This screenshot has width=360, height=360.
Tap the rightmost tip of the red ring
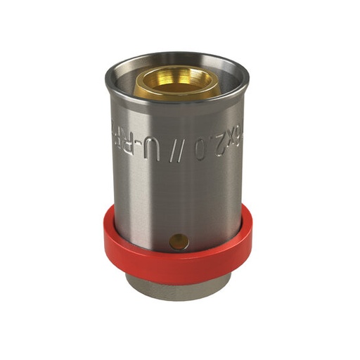(x=251, y=236)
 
